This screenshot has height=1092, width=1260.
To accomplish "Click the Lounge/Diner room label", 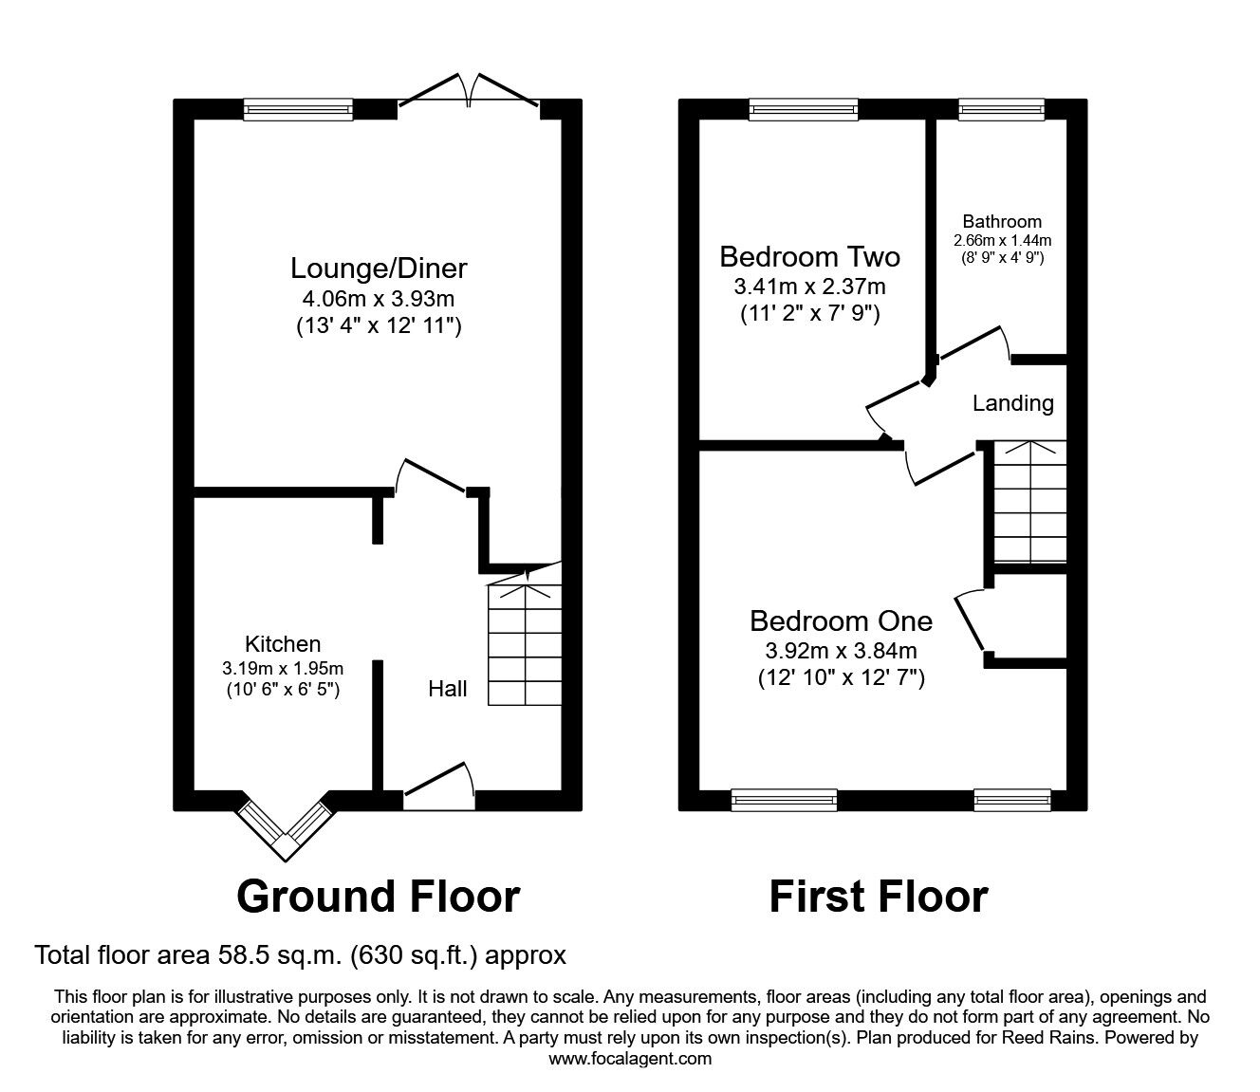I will tap(379, 268).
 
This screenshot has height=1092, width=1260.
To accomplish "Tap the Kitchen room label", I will tap(283, 644).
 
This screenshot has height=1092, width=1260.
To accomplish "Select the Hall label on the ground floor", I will tap(447, 689).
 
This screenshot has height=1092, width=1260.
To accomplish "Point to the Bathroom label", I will tap(1001, 222).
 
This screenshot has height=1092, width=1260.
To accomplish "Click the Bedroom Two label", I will tap(809, 257).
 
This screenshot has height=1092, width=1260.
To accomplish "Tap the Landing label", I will tap(1012, 403).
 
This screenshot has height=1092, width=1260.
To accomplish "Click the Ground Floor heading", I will tap(378, 897).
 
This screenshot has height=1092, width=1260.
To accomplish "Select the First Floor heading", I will tap(878, 897).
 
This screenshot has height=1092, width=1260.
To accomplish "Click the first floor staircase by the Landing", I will tap(1028, 502).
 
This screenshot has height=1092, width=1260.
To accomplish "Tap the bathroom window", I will tap(1000, 110).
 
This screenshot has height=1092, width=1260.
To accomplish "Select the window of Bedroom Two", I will tap(803, 110).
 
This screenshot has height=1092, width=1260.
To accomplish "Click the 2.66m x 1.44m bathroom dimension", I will tap(1001, 241).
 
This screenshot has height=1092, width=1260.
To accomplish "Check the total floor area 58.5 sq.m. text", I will tap(300, 954).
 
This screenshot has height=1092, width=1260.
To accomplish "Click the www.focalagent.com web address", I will tap(630, 1059).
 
